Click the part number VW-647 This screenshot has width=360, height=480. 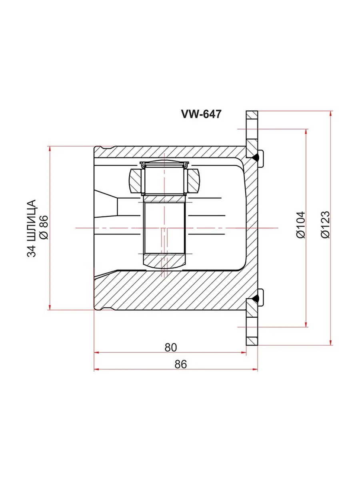(x=201, y=114)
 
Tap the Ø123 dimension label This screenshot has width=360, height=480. (x=326, y=224)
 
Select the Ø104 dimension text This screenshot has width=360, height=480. (x=301, y=224)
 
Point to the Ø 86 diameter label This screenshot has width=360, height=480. (x=43, y=227)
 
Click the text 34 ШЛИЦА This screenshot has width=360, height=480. (x=31, y=228)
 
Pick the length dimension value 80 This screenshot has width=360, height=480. (x=171, y=347)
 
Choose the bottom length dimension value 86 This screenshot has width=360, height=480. (x=181, y=364)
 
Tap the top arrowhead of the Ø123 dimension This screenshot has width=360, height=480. (x=331, y=114)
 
